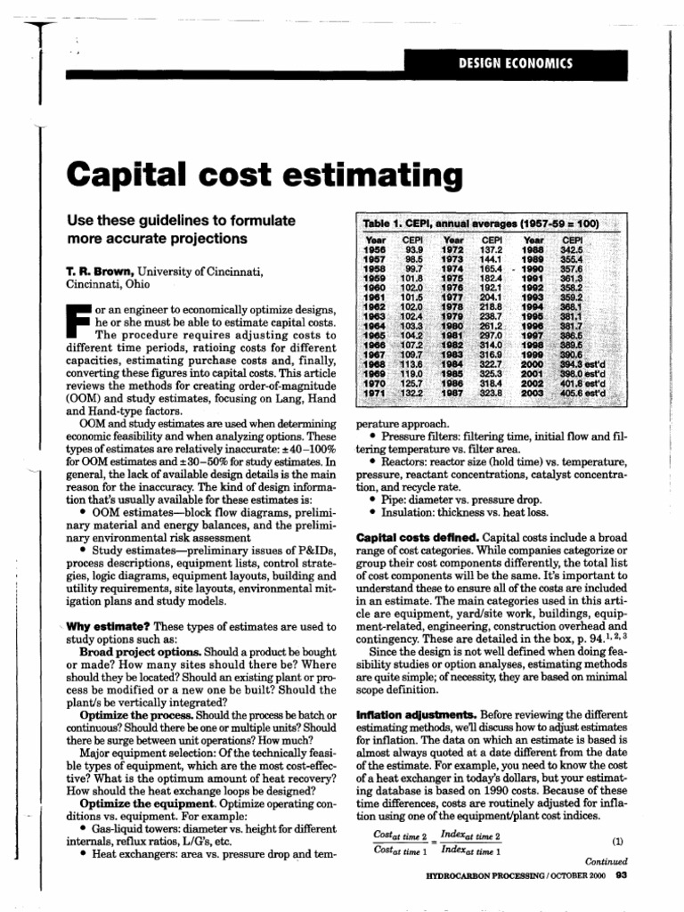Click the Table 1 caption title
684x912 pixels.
(x=480, y=223)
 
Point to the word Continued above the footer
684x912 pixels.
(x=606, y=862)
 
